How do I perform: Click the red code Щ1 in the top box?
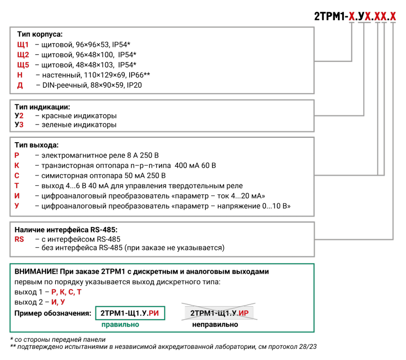23,45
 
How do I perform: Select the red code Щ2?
23,55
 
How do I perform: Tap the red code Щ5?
23,65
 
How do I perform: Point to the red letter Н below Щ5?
20,75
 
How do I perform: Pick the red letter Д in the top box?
20,86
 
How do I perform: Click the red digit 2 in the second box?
21,116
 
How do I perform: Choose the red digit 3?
21,125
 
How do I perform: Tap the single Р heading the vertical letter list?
17,156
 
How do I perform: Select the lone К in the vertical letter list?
17,166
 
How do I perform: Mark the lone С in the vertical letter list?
17,176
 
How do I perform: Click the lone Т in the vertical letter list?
17,186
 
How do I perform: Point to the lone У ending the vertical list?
17,206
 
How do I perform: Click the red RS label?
19,239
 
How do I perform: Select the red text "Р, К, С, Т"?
66,292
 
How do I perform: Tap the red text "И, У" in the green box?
58,302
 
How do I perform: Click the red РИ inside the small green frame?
153,313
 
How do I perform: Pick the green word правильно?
120,325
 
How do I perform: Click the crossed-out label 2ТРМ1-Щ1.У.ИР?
219,313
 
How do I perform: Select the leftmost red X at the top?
352,17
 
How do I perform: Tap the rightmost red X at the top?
393,17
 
